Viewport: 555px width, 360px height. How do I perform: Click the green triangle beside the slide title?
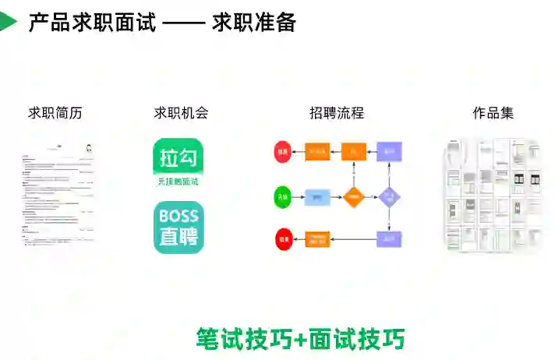point(7,22)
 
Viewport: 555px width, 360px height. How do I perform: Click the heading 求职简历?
point(55,113)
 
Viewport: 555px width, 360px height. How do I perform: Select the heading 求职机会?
point(181,113)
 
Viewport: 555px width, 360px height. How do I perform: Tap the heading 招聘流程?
point(337,113)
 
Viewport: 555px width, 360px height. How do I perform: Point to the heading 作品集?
point(493,113)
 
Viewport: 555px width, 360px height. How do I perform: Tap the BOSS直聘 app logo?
point(179,227)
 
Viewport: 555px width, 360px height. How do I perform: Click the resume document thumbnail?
point(57,195)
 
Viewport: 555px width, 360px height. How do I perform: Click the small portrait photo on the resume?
point(89,147)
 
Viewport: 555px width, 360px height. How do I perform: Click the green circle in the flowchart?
point(282,197)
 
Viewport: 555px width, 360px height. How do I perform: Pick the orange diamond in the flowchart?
point(354,197)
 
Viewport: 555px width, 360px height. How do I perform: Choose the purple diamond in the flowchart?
point(390,197)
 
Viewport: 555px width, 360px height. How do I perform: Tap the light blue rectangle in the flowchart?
point(317,197)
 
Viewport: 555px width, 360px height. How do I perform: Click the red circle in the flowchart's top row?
point(282,151)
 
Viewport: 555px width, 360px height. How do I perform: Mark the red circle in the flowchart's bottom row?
point(282,239)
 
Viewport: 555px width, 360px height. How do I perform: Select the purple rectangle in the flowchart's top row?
point(390,151)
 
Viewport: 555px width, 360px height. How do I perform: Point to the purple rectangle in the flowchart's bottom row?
point(390,239)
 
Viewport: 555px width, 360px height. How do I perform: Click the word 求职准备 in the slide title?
point(254,23)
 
